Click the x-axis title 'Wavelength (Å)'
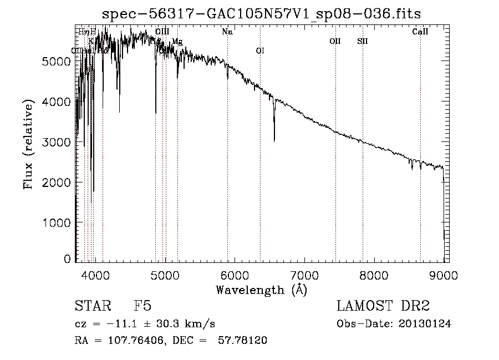261,290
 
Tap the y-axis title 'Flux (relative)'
28,144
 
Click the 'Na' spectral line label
227,32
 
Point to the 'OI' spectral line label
260,51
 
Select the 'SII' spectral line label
363,42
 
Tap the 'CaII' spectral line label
420,32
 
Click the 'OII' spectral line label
335,42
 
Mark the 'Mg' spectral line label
177,42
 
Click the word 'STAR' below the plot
90,306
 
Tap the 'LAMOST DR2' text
383,306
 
